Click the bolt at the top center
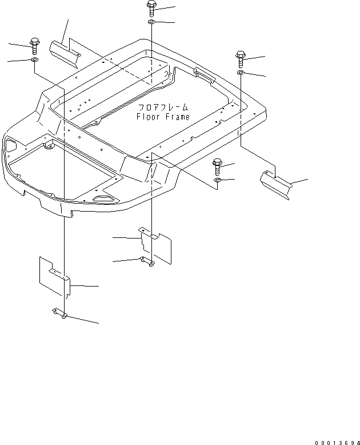[x=151, y=8]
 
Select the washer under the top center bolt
[x=151, y=22]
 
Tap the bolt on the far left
[x=34, y=44]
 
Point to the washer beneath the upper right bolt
[x=241, y=74]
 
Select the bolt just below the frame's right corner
[x=217, y=166]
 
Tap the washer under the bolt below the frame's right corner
[x=217, y=181]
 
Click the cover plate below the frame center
[x=155, y=245]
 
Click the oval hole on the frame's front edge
[x=105, y=197]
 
